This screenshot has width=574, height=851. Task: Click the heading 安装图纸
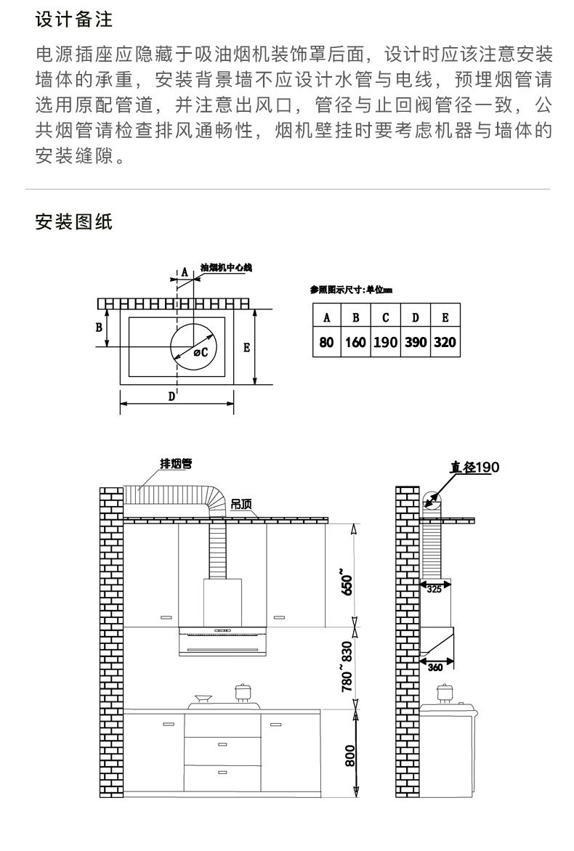(74, 222)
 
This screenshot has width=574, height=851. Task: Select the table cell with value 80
(326, 341)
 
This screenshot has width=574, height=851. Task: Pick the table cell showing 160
(355, 341)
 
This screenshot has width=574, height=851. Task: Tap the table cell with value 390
(415, 341)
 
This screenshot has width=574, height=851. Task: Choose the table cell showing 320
(445, 341)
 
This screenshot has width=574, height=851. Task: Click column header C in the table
(385, 317)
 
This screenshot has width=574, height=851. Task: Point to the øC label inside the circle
(201, 352)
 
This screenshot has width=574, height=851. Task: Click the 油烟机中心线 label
(225, 268)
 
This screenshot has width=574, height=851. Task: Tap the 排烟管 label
(176, 463)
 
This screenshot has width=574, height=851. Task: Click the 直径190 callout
(474, 467)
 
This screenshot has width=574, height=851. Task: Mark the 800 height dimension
(349, 756)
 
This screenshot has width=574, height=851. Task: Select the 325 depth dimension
(434, 590)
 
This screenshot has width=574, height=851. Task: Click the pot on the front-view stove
(241, 692)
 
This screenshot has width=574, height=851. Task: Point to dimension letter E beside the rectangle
(246, 348)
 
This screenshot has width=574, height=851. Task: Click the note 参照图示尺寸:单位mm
(351, 290)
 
